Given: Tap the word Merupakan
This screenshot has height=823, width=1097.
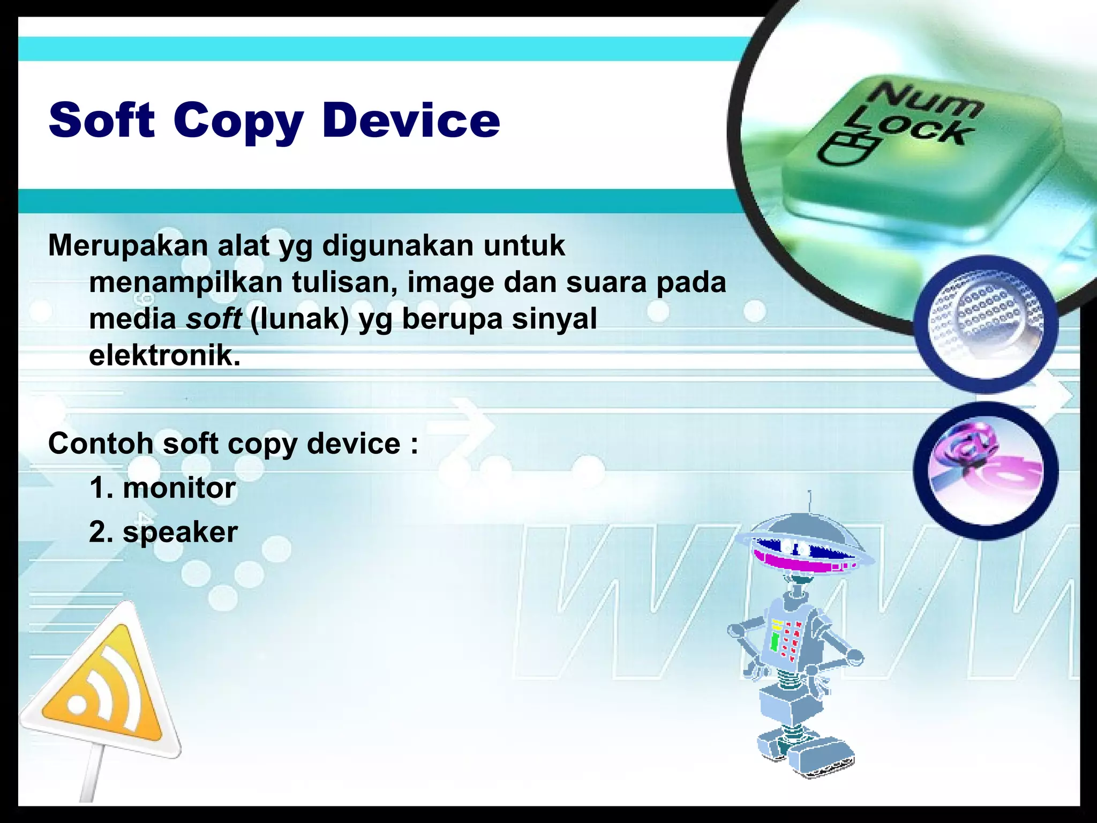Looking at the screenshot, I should pos(128,245).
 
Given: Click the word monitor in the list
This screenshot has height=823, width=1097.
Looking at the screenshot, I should pos(179,488).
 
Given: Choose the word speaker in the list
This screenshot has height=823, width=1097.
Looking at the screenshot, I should pos(180,532).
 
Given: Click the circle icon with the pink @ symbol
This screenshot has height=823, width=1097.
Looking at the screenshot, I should pos(986,470).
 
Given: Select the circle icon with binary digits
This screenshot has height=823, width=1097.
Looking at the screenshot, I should pos(986,324).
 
